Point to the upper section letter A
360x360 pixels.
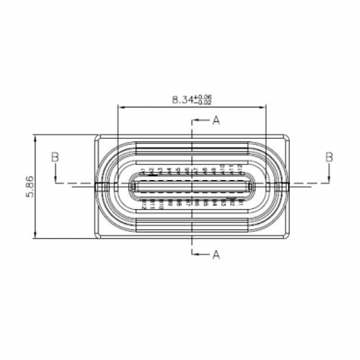click(216, 119)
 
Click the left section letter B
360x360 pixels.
click(54, 156)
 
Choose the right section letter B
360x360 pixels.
click(330, 156)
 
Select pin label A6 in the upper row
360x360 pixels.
click(186, 169)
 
